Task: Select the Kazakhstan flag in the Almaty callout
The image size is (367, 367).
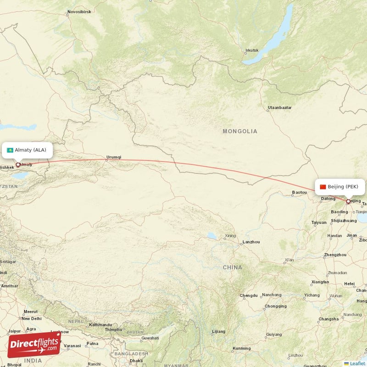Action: point(10,150)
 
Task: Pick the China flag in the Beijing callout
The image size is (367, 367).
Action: point(323,187)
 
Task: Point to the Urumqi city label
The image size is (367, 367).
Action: point(113,157)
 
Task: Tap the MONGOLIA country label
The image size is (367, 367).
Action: point(240,131)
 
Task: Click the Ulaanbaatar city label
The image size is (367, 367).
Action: point(279,108)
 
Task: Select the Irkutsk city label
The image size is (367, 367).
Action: point(252,50)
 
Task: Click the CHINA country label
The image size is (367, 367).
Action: point(232,267)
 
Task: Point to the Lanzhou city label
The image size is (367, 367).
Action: point(251,242)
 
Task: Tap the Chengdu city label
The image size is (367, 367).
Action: point(248,295)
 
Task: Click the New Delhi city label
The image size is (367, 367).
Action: point(31,318)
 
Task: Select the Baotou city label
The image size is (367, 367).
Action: point(299,192)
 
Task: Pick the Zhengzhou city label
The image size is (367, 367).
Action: point(335,255)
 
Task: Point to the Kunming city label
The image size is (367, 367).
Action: point(242,349)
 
